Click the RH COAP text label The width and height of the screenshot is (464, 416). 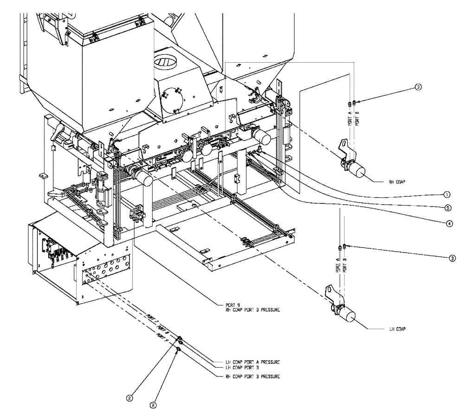397,183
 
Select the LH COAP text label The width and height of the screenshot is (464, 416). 397,329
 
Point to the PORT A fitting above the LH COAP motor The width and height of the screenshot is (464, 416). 340,248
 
